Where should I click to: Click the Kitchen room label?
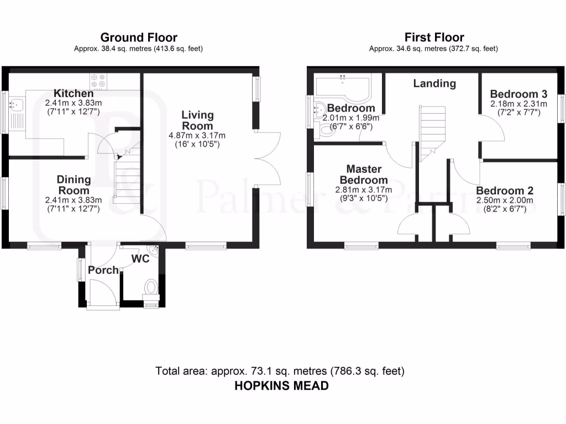coord(73,93)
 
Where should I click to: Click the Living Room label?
coord(198,120)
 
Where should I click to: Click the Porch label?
coord(103,270)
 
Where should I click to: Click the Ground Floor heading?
coord(138,38)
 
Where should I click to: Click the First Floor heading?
coord(434,38)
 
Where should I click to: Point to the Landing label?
coord(435,83)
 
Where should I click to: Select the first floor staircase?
coord(432,132)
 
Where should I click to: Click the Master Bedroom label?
coord(363,174)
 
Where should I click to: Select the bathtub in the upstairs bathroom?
coord(343,87)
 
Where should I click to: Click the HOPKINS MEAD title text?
coord(282,385)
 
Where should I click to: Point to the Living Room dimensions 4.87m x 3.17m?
coord(198,135)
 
